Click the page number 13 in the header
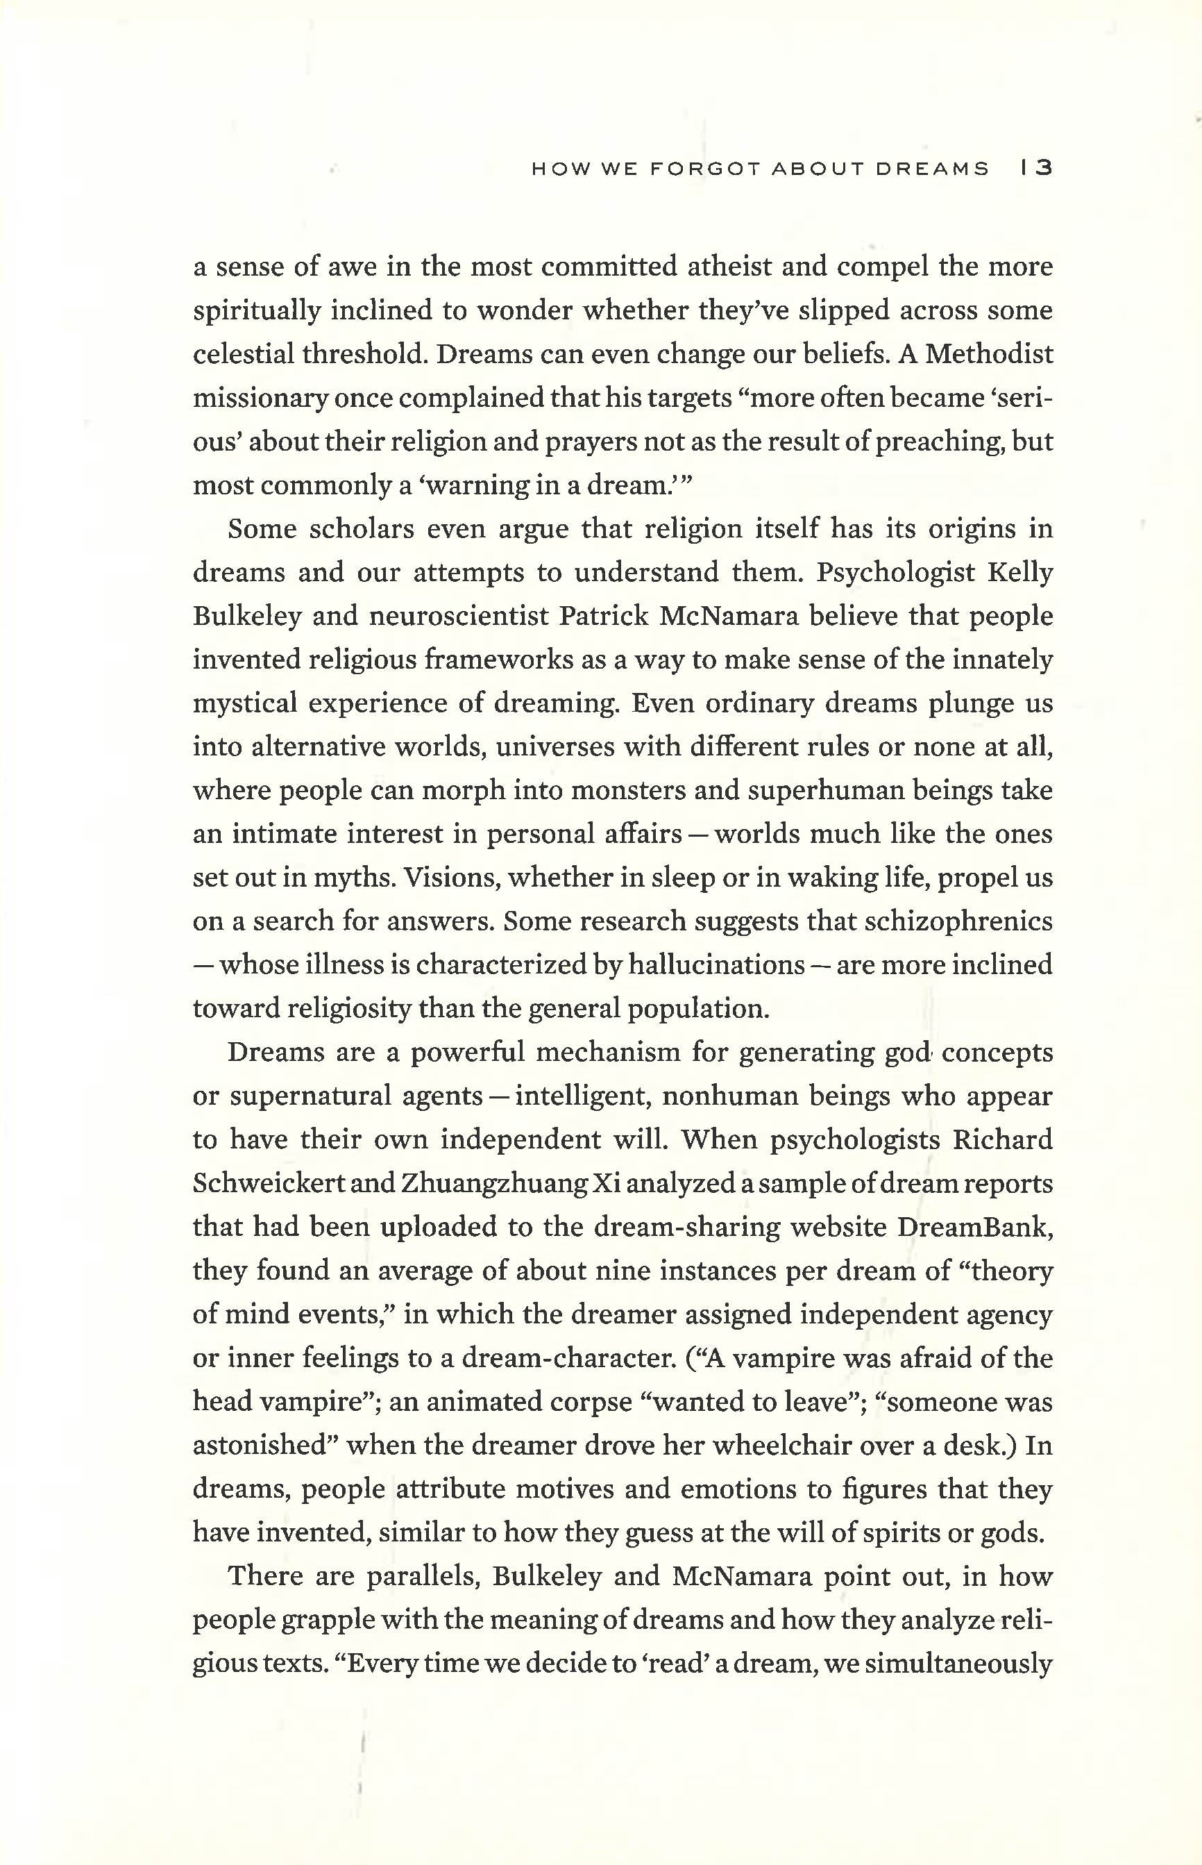click(x=1037, y=169)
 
